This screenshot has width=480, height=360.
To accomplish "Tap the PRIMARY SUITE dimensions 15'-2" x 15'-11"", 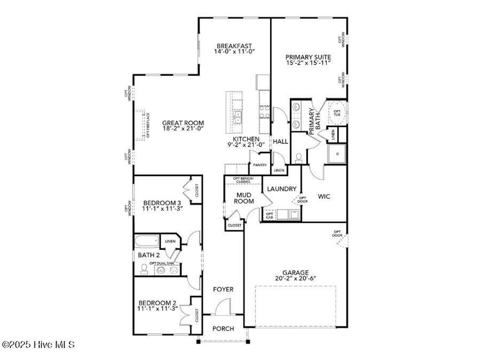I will click(x=308, y=63).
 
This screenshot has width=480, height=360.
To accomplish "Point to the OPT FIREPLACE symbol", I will click(x=140, y=125).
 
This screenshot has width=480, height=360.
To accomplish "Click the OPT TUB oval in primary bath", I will click(x=337, y=112).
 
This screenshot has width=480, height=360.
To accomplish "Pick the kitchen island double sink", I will click(x=238, y=117).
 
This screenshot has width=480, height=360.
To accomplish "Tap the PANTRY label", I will click(x=260, y=165).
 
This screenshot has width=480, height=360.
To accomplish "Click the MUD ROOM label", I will click(x=244, y=198).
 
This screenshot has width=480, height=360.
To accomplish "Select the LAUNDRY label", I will click(x=281, y=189).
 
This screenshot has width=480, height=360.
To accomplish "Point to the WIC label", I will click(x=324, y=196).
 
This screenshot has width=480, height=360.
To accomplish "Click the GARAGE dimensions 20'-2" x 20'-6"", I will click(x=295, y=278).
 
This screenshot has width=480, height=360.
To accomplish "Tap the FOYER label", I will click(x=223, y=290).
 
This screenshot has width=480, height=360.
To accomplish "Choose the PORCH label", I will click(x=223, y=329).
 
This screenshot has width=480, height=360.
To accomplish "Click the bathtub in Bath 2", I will click(x=147, y=242).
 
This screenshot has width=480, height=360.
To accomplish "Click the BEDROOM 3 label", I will click(x=163, y=203).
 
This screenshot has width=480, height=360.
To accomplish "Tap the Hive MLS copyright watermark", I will click(x=38, y=345).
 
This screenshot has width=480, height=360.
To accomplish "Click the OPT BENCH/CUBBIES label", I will click(x=243, y=180).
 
